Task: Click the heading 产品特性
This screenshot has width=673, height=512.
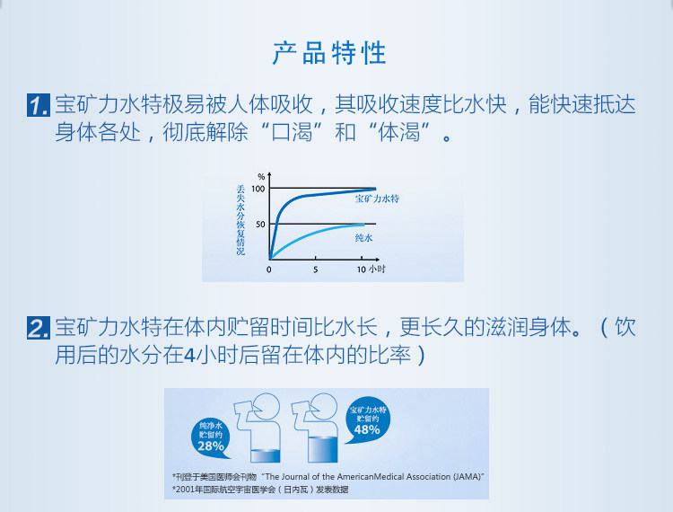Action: click(x=329, y=53)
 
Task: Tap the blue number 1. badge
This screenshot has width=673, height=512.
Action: click(x=39, y=105)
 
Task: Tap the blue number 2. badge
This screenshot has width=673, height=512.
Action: click(x=39, y=328)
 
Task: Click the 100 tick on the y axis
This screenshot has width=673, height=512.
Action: click(x=258, y=189)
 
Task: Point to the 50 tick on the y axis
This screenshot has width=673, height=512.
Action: click(x=260, y=225)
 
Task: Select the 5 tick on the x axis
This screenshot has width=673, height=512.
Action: click(x=316, y=269)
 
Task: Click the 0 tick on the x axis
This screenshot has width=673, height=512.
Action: click(x=268, y=269)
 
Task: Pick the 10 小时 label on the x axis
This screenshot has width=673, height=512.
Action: click(x=371, y=269)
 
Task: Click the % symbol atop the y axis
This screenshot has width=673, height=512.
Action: click(x=261, y=177)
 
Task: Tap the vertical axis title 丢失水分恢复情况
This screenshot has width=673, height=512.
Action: click(x=240, y=220)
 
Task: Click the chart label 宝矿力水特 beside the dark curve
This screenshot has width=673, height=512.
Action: click(x=377, y=199)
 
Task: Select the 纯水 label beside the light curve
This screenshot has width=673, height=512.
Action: click(x=363, y=237)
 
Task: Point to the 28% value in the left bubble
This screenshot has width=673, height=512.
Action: click(x=211, y=446)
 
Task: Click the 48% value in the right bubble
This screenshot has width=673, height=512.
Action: click(x=367, y=429)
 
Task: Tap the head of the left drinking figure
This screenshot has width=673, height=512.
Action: click(x=267, y=406)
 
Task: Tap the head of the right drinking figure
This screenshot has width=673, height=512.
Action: click(x=325, y=406)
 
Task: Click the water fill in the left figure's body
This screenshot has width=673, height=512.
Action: click(x=266, y=456)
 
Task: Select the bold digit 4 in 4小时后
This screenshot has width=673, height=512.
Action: click(x=189, y=355)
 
